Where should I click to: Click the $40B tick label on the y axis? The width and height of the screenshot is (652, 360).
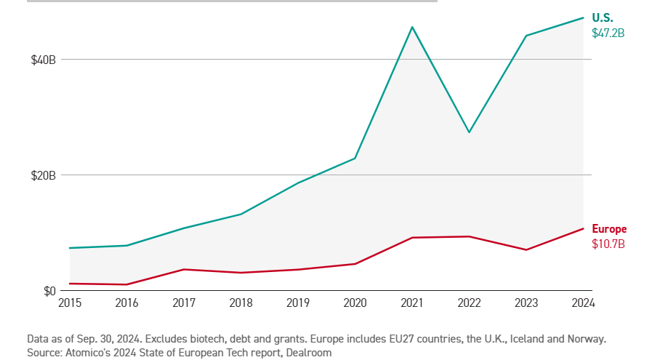click(43, 60)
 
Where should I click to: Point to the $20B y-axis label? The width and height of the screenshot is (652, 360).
click(43, 175)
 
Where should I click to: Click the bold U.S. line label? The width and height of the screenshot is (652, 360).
click(603, 18)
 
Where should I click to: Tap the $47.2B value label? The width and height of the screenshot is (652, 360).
click(608, 33)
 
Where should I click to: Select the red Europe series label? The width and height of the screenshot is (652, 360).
click(609, 229)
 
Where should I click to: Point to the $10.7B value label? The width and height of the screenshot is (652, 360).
click(608, 244)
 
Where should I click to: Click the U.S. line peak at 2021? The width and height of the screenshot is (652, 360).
click(412, 27)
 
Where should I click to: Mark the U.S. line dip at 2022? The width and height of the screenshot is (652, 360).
click(469, 132)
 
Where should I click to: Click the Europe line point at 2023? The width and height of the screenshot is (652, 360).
click(526, 250)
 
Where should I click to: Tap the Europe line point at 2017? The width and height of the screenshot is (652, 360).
click(184, 269)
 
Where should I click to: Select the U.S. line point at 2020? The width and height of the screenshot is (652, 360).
click(355, 158)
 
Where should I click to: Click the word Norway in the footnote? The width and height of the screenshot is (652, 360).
click(587, 339)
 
